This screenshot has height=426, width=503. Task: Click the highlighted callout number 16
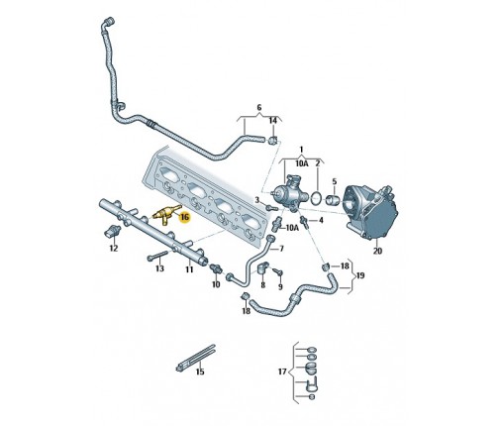(184, 217)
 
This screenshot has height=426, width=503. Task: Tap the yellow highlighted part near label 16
(166, 214)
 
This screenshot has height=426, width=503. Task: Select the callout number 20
(377, 251)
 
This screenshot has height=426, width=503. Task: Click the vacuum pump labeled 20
(370, 211)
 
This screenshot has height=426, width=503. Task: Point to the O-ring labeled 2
(317, 198)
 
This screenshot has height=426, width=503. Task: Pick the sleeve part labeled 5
(333, 200)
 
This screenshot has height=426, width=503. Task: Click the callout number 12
(114, 248)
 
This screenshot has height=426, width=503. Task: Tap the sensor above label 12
(111, 232)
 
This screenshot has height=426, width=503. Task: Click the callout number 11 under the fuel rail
(189, 269)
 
